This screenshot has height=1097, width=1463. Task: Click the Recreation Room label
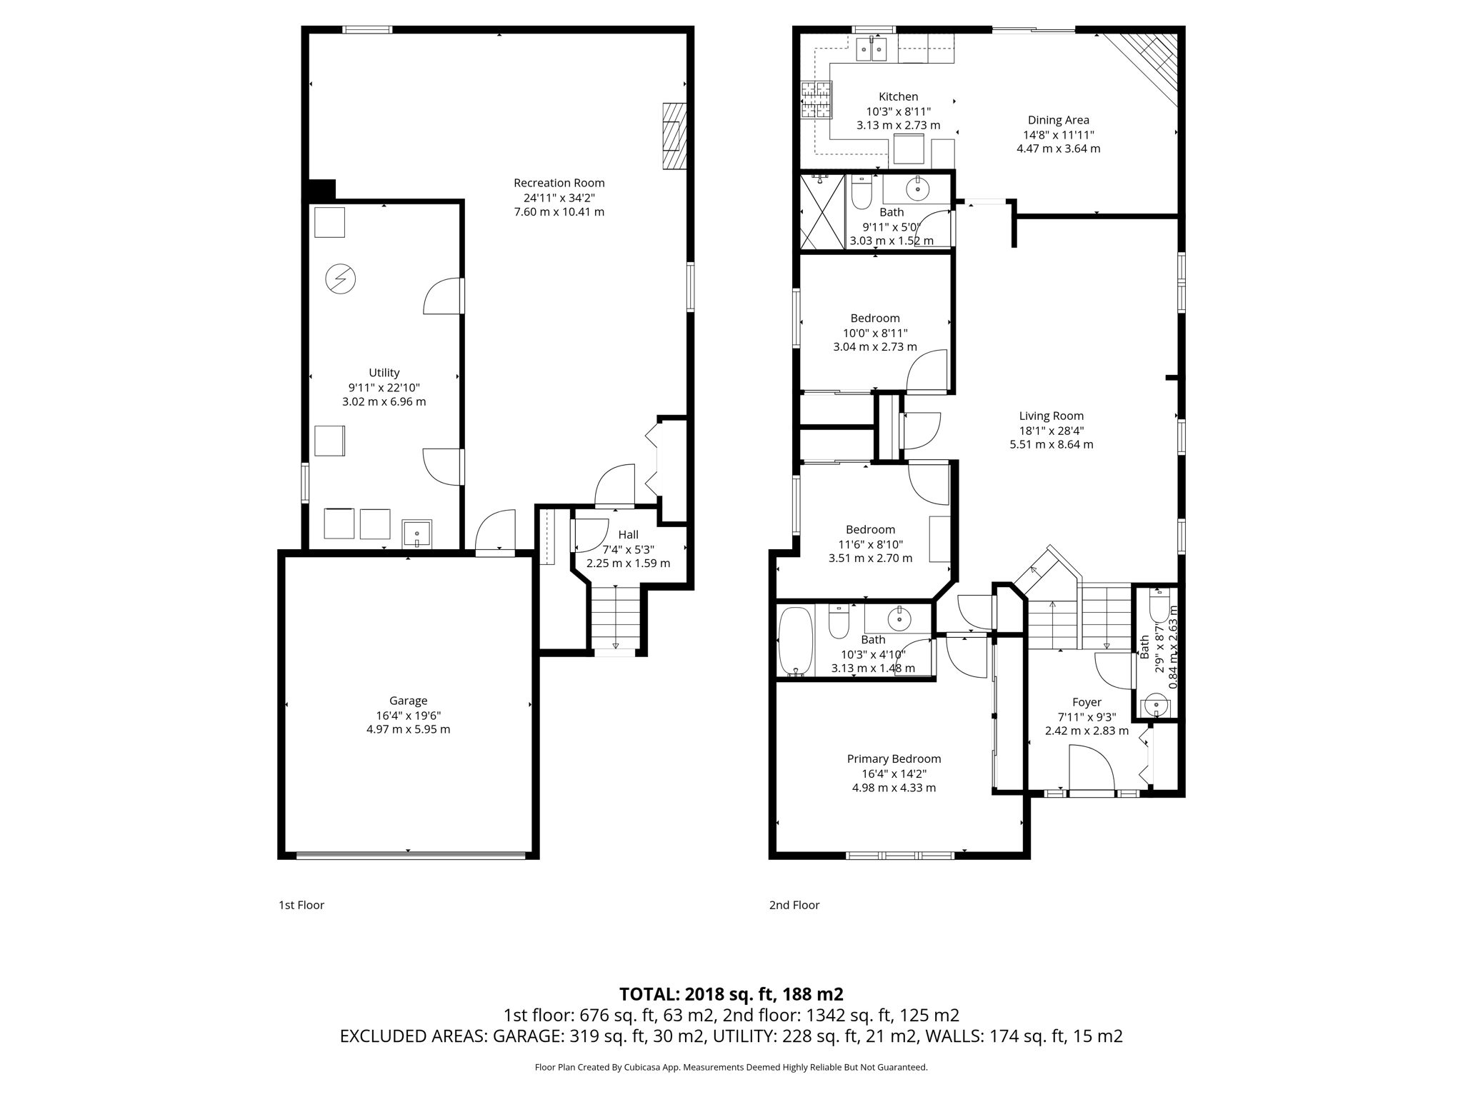click(x=559, y=183)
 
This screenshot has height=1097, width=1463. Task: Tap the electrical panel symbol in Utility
click(x=340, y=279)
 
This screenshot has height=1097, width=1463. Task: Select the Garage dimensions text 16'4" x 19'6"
click(x=408, y=715)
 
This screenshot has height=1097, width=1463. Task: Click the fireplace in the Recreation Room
click(x=674, y=136)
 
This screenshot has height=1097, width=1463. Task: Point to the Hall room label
click(x=628, y=534)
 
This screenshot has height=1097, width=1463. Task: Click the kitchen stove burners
click(x=817, y=99)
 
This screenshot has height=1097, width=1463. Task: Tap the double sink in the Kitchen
click(x=872, y=49)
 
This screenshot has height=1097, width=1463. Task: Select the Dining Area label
click(x=1058, y=120)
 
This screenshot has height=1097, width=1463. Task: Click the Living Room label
click(x=1051, y=416)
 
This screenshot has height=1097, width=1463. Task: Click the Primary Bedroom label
click(x=894, y=758)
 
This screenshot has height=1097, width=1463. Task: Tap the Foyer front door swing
click(x=1092, y=768)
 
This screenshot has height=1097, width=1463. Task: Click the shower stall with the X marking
click(x=822, y=211)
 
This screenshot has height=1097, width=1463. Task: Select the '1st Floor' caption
click(x=301, y=905)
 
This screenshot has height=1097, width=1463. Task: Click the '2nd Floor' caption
click(x=794, y=905)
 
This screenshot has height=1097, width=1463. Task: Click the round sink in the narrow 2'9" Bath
click(x=1156, y=706)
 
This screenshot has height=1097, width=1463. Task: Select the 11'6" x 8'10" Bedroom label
click(x=870, y=529)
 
